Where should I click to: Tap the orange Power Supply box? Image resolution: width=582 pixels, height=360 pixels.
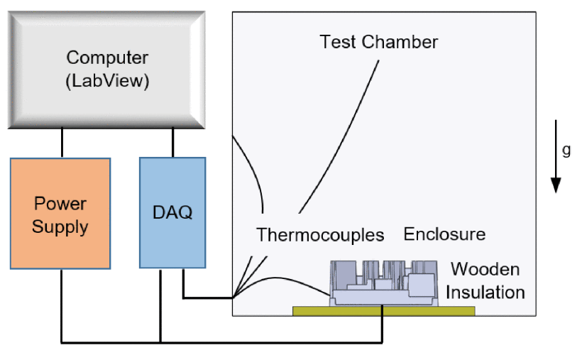60,214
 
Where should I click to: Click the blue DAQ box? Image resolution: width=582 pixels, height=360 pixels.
172,212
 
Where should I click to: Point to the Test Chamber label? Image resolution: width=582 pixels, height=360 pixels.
378,42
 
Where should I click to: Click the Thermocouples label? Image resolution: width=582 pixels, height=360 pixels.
320,234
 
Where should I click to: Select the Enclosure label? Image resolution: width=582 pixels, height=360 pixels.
444,234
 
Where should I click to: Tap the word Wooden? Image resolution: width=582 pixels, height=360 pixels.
485,270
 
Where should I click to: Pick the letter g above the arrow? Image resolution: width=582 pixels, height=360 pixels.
566,150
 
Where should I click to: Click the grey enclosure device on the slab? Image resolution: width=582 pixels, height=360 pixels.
383,283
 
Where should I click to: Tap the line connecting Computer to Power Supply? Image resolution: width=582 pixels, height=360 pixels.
62,142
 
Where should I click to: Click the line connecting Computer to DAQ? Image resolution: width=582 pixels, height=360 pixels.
172,142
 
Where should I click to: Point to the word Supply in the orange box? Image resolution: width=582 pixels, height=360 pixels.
60,227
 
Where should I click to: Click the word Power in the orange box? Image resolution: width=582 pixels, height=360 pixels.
60,204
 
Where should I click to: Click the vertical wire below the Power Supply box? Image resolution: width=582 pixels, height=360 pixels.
62,305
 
